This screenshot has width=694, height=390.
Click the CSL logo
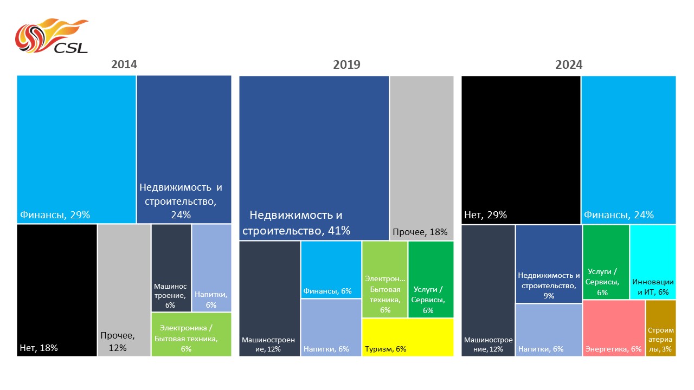[51, 37]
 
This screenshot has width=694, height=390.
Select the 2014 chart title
[124, 64]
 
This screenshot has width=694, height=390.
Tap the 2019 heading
[346, 65]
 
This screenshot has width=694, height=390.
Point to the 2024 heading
[569, 65]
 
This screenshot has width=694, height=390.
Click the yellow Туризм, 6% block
[408, 337]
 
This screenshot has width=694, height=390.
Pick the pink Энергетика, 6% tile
[614, 328]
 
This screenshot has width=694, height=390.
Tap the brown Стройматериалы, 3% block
[660, 328]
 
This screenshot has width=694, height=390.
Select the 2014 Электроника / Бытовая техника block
[191, 334]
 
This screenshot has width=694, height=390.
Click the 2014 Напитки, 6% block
[211, 268]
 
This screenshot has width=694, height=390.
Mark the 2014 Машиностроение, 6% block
[171, 268]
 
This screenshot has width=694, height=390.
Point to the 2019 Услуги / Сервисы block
[430, 279]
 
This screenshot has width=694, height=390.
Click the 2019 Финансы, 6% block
[331, 269]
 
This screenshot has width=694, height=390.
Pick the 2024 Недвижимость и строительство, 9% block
[548, 264]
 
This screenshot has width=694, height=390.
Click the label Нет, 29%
[485, 215]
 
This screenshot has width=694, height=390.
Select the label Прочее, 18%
[420, 232]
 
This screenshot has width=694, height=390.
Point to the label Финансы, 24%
[619, 215]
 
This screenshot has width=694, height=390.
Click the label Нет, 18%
[38, 348]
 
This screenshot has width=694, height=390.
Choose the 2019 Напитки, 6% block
[331, 327]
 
